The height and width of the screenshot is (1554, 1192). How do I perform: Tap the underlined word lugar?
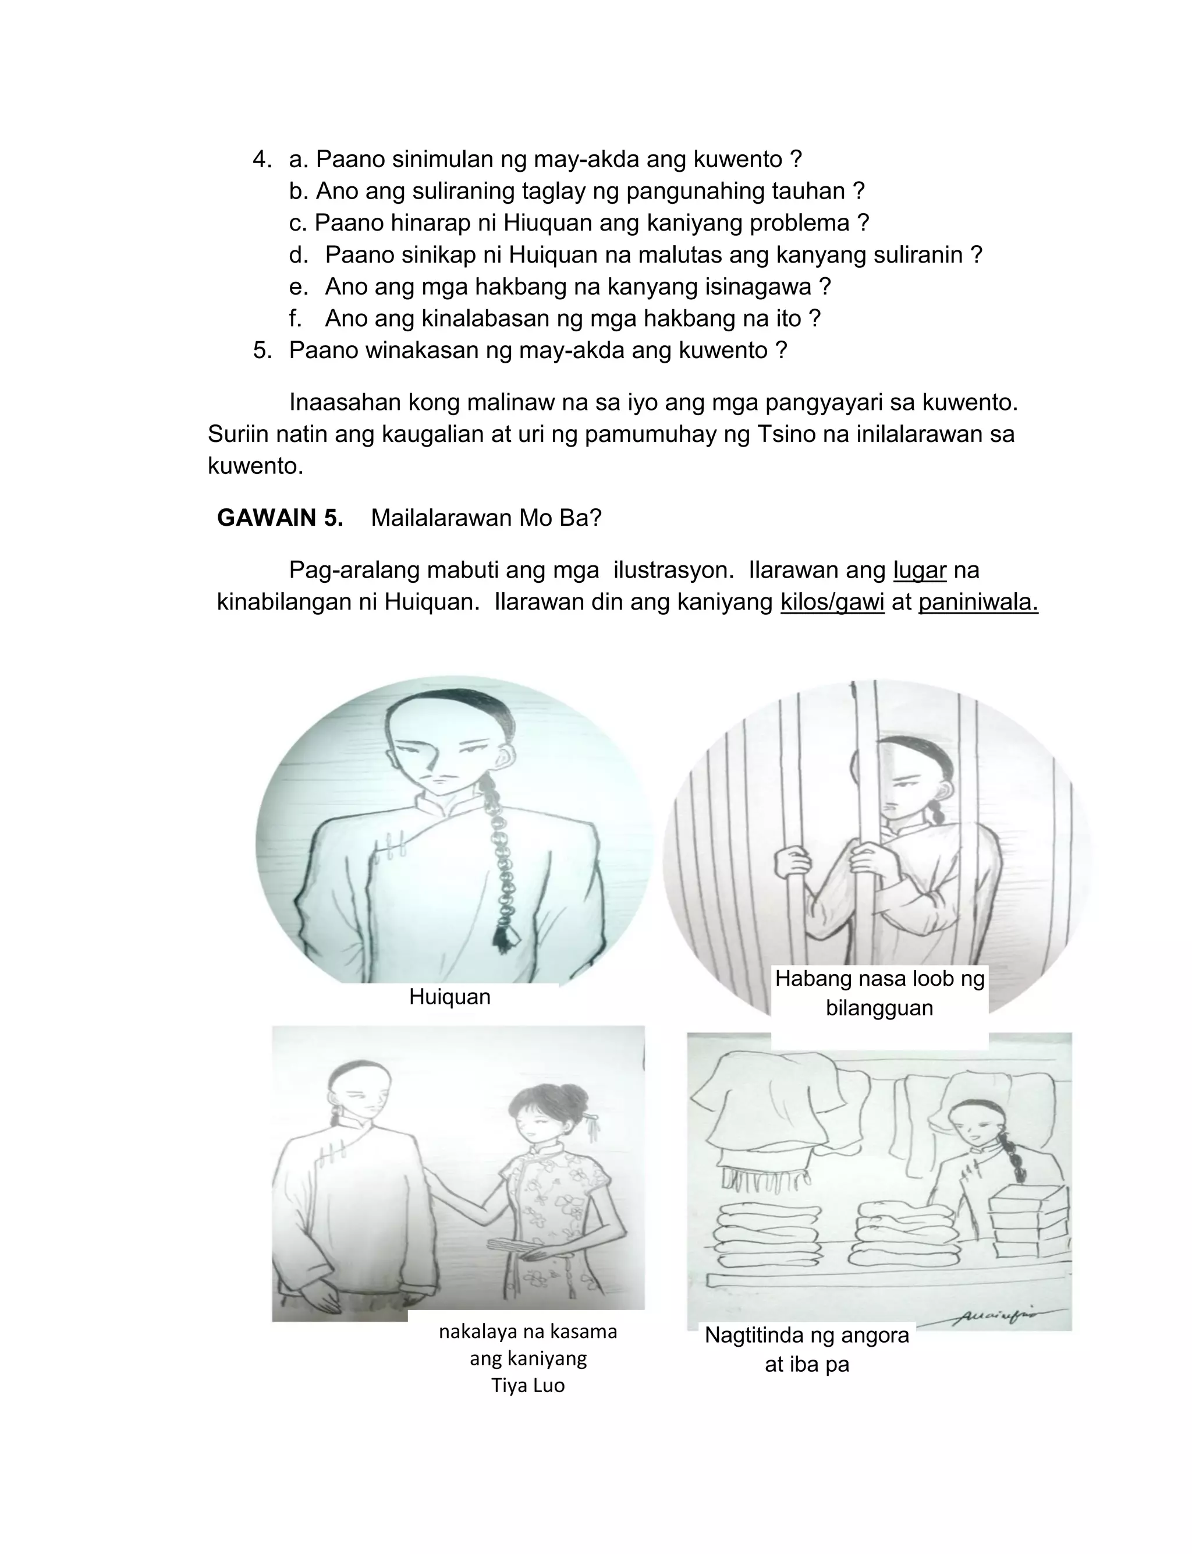click(x=919, y=570)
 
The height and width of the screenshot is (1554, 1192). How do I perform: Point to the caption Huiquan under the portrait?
click(x=449, y=996)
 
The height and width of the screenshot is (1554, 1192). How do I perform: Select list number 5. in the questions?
click(x=262, y=351)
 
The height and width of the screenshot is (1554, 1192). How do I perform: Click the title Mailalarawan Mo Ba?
click(x=486, y=518)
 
